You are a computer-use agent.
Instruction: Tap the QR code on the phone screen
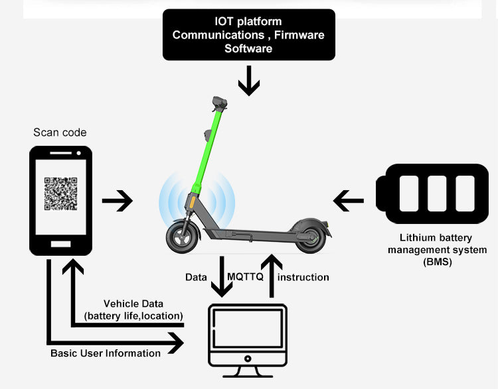pyautogui.click(x=61, y=194)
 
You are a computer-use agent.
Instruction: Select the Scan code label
pyautogui.click(x=60, y=133)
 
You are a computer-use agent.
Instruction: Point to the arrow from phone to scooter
pyautogui.click(x=118, y=201)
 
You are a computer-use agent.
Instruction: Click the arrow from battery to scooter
pyautogui.click(x=348, y=201)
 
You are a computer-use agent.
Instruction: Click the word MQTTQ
pyautogui.click(x=246, y=277)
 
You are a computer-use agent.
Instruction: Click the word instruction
pyautogui.click(x=303, y=277)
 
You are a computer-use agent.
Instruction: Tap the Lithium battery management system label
pyautogui.click(x=437, y=250)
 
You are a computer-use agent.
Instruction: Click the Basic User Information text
pyautogui.click(x=106, y=353)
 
